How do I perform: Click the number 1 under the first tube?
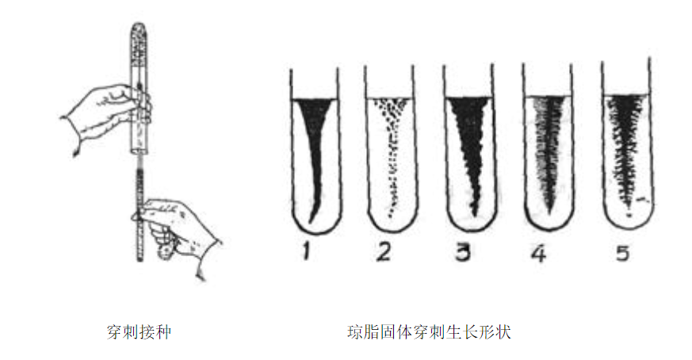306,252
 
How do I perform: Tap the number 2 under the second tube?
383,252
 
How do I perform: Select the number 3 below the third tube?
463,253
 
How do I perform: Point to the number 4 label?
539,253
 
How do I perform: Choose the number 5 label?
622,253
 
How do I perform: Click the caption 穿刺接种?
139,331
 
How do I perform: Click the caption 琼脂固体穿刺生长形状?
429,331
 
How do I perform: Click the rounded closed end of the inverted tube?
140,28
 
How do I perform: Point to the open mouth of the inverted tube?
140,151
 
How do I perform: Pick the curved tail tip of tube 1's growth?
311,221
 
